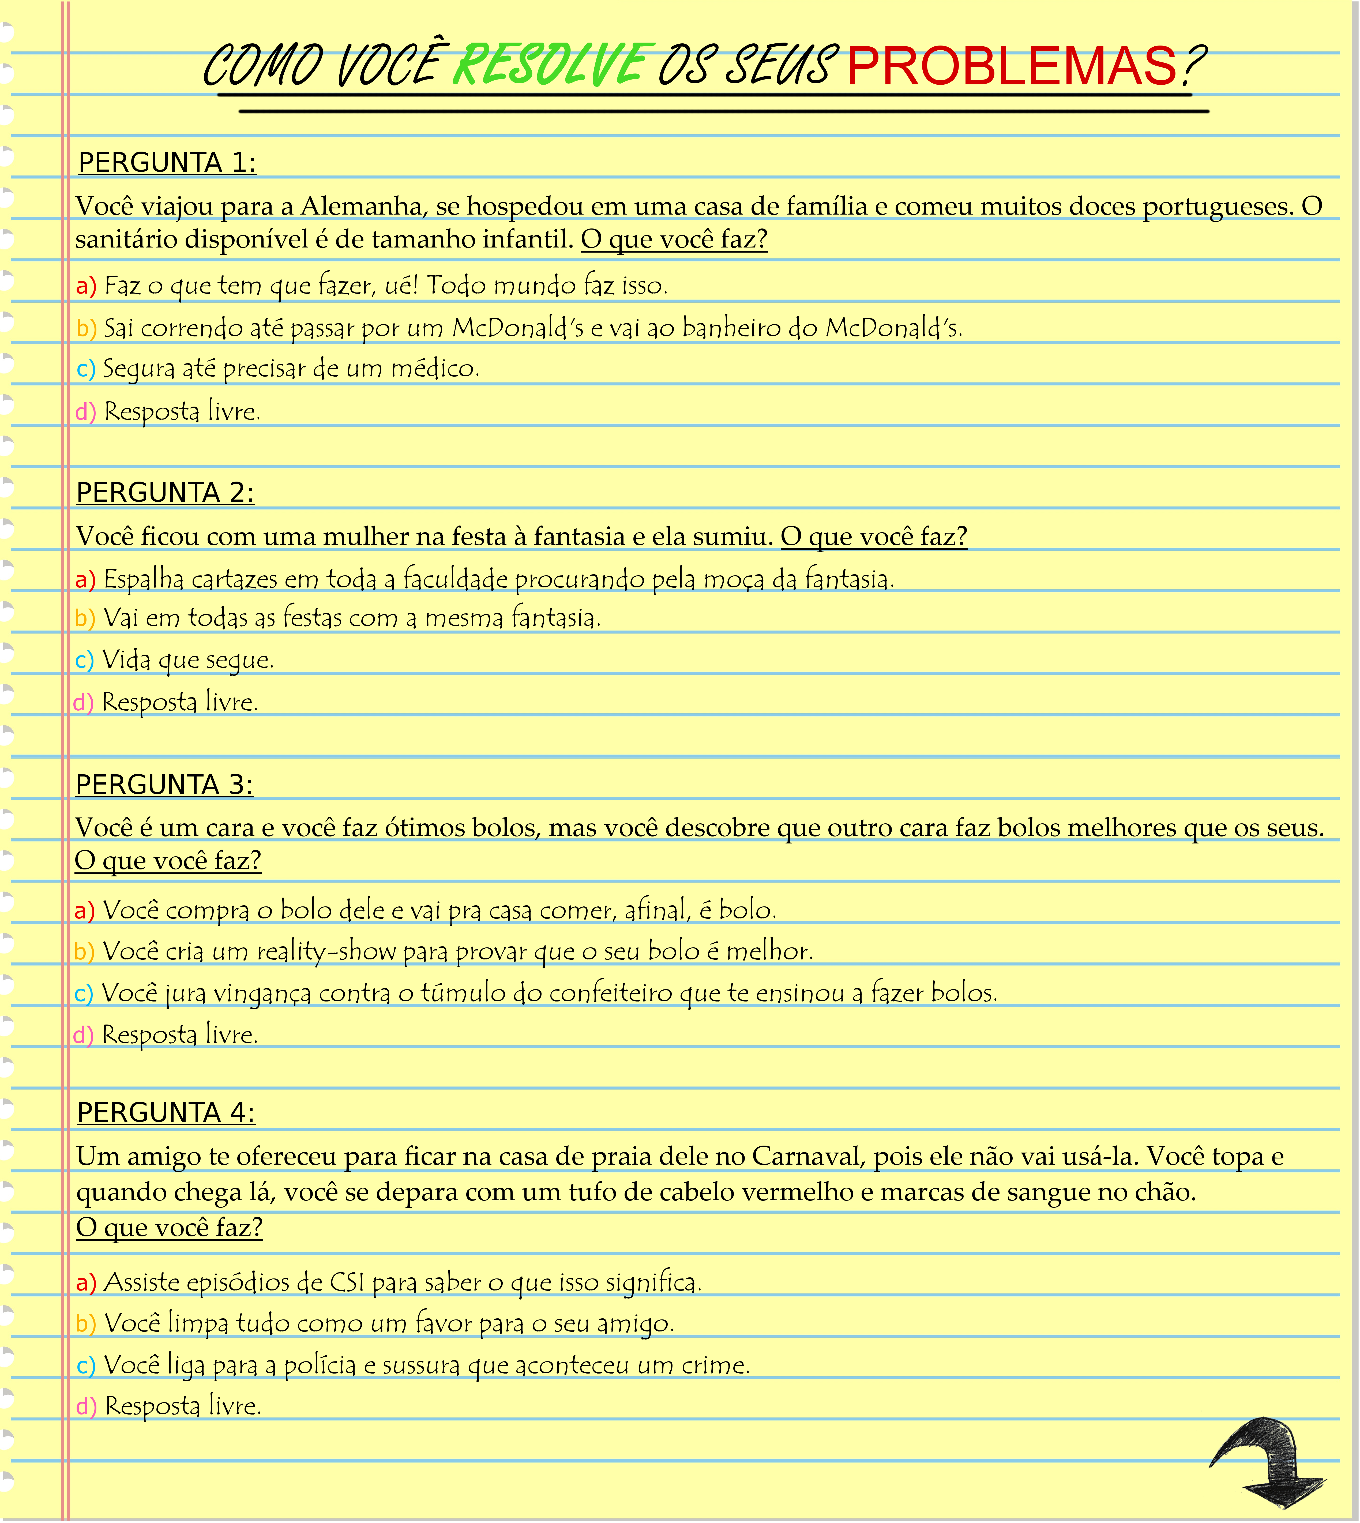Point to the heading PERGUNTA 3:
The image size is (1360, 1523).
164,785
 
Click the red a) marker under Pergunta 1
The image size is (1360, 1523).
86,286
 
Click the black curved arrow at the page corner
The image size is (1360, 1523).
1270,1461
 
